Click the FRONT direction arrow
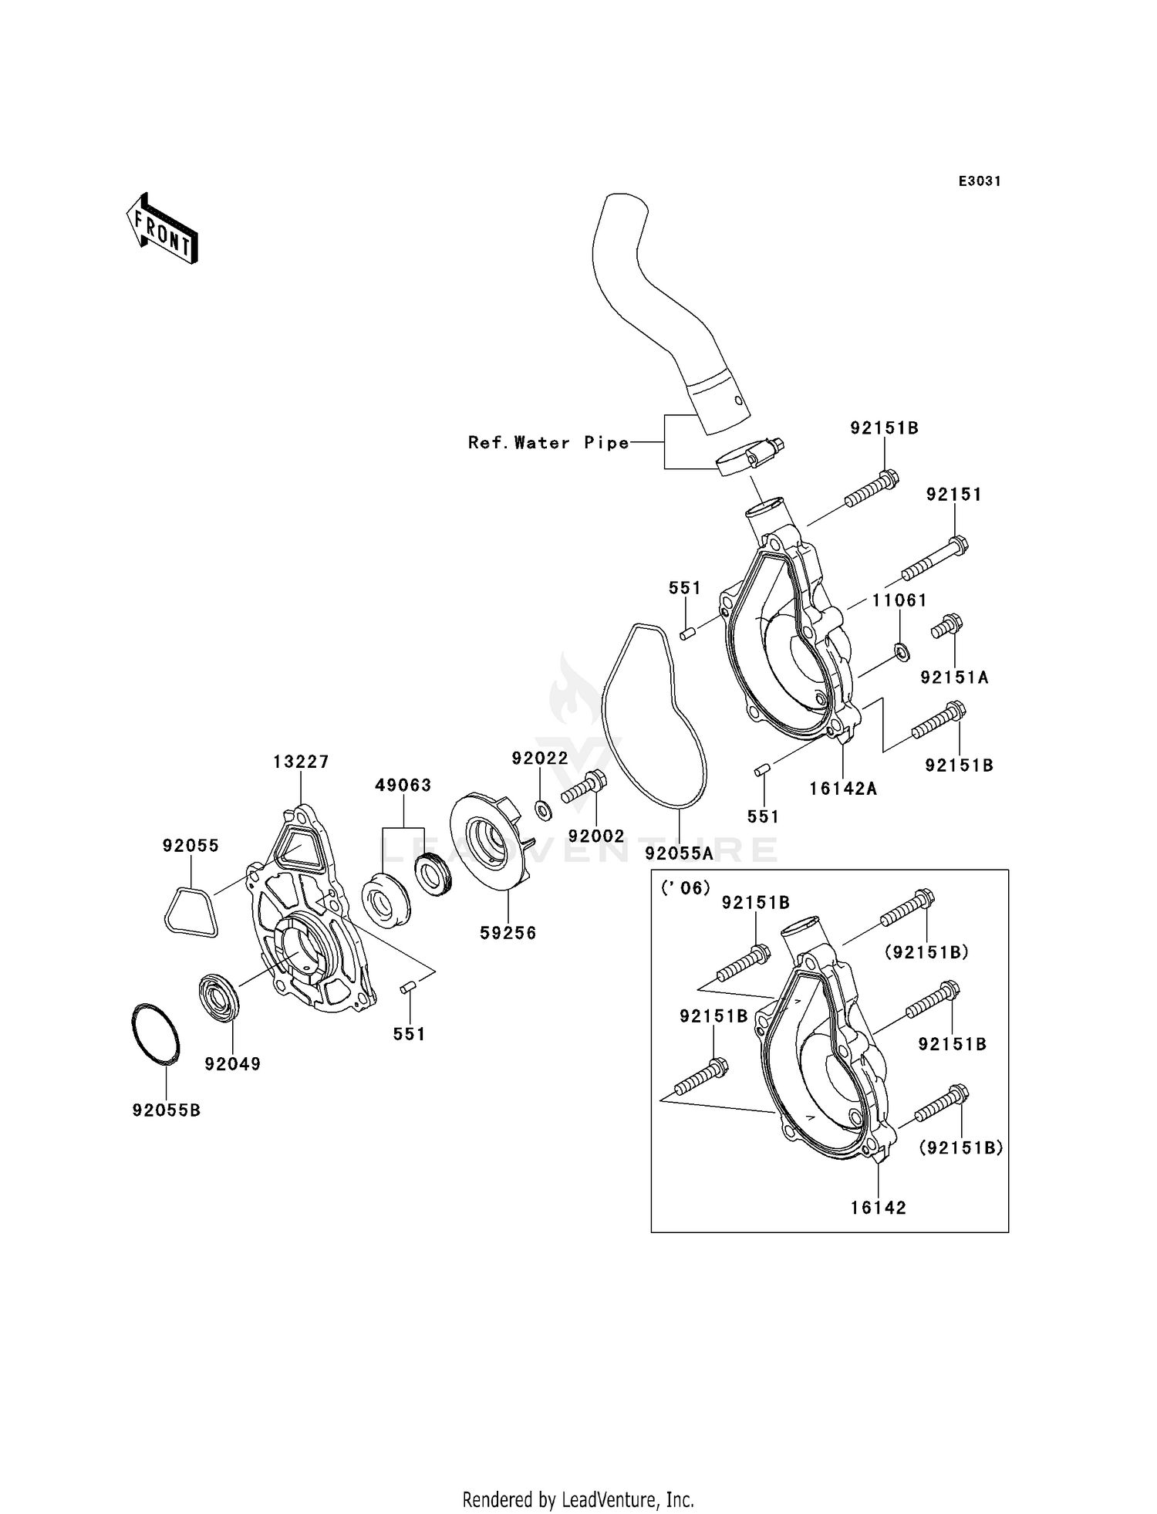point(163,229)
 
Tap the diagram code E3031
point(980,181)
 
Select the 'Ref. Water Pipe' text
point(548,443)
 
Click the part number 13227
point(301,762)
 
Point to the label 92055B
point(167,1110)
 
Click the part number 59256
point(508,932)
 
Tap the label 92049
point(233,1064)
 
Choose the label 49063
point(403,785)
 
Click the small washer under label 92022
point(543,810)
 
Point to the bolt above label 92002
point(584,787)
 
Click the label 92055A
point(680,853)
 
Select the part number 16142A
point(843,789)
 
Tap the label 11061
point(899,600)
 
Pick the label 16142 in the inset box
point(879,1208)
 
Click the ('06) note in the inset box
point(686,887)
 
